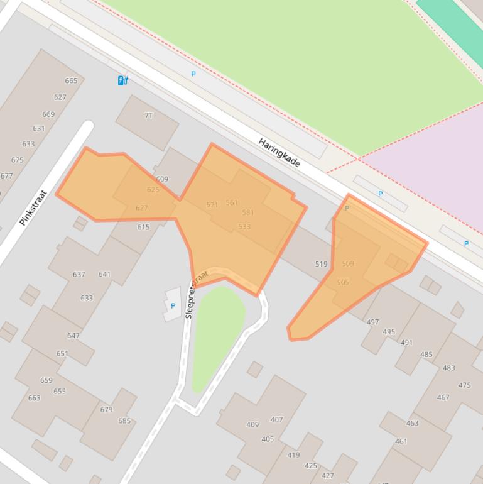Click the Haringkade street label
pos(279,153)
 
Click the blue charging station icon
pos(123,80)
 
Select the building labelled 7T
pos(149,115)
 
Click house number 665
pos(71,80)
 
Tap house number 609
pos(162,179)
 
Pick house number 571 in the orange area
pos(212,205)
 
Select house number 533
pos(244,226)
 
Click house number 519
pos(321,264)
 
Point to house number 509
pos(348,263)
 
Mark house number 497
pos(372,322)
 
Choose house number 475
pos(464,385)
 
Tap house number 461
pos(401,441)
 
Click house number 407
pos(276,419)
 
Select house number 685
pos(124,421)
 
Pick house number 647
pos(73,335)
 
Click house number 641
pos(104,274)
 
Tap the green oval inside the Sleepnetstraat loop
pos(217,333)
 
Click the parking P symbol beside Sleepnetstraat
pos(173,306)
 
